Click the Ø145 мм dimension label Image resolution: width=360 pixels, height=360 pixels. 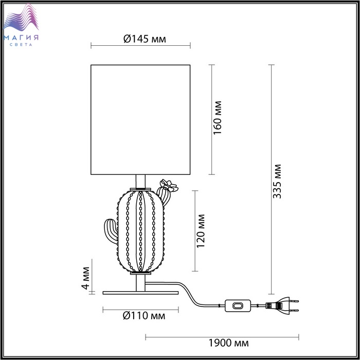coord(145,39)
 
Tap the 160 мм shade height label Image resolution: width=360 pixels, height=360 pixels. coord(217,118)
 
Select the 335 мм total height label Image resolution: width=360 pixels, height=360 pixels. coord(277,182)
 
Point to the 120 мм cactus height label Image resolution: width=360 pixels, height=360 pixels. coord(201,231)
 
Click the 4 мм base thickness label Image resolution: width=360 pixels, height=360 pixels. coord(86,278)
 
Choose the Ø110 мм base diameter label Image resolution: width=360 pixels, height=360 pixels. coord(144,316)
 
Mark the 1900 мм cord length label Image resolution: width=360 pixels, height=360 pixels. coord(228,343)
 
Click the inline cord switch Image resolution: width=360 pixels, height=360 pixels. coord(238,305)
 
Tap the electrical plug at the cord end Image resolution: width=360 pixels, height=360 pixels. coord(282,305)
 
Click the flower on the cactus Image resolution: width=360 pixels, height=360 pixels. coord(169,186)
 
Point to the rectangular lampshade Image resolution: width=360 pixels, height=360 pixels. coord(140,120)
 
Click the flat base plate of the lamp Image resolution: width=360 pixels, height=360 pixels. coord(140,293)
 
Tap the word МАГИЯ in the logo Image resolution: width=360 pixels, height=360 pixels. coord(21,38)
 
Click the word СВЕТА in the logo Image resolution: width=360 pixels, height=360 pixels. coord(21,45)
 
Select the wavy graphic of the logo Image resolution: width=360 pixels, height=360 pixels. coord(21,18)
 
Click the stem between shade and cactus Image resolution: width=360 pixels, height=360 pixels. coord(140,182)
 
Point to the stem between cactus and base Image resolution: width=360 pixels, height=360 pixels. coord(140,283)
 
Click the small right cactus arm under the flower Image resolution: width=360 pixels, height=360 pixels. coord(164,196)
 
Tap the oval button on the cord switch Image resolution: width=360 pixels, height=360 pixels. coord(238,306)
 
